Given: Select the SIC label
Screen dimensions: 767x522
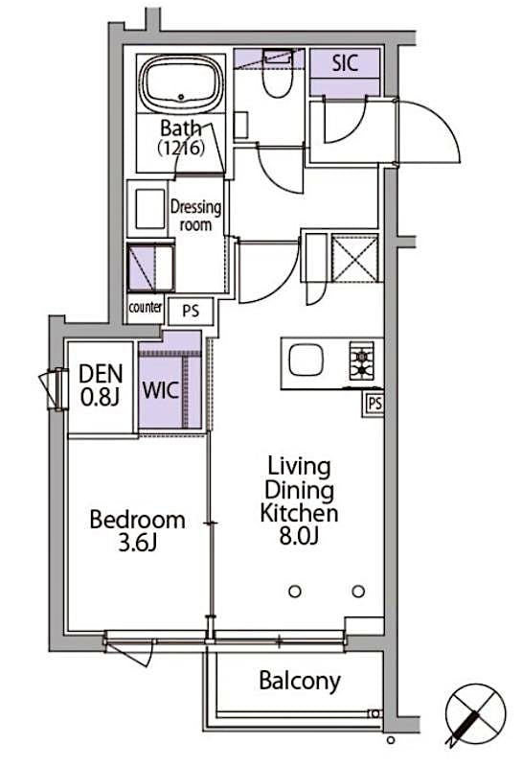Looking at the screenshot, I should [x=345, y=65].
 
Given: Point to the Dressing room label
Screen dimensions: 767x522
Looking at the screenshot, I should [x=195, y=215].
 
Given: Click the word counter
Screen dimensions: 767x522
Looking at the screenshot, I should [x=146, y=308].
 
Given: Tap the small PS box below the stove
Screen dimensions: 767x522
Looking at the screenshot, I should [x=374, y=404].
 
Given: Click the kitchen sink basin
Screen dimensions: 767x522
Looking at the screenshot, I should [x=309, y=362].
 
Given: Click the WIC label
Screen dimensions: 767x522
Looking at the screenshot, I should [x=159, y=391].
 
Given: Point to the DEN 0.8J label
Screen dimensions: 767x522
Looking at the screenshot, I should [x=101, y=383].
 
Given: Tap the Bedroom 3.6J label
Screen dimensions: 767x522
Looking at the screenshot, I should [x=137, y=530].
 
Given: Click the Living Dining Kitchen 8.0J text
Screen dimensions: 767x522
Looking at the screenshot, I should [x=299, y=501].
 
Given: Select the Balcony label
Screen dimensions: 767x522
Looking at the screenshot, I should [x=300, y=682].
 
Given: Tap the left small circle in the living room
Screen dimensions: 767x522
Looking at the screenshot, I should [x=295, y=591].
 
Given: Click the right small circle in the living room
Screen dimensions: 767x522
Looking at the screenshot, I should [x=358, y=591].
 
